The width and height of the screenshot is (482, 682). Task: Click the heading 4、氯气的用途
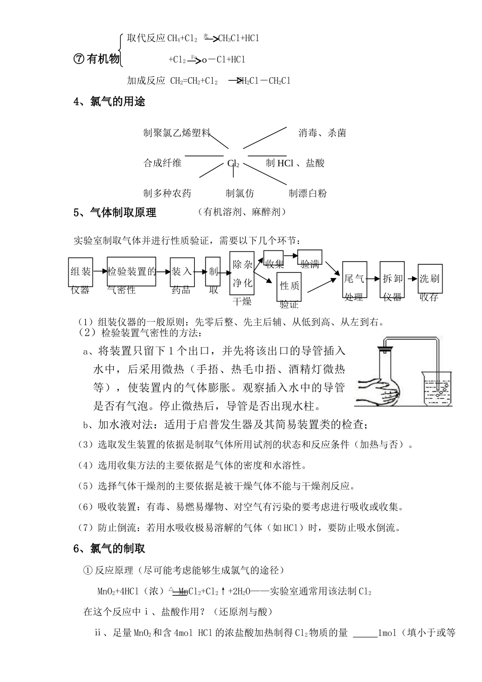coord(110,102)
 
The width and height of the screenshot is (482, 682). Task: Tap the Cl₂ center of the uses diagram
coord(233,163)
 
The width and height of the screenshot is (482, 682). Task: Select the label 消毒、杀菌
coord(322,133)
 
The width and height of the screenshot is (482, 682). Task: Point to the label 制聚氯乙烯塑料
coord(177,133)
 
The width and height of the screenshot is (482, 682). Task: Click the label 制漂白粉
coord(307,193)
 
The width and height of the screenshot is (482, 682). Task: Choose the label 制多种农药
coord(167,193)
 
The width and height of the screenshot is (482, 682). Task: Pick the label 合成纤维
coord(162,163)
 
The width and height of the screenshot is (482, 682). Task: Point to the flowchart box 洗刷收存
coord(430,279)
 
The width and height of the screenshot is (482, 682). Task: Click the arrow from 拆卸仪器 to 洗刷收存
coord(410,278)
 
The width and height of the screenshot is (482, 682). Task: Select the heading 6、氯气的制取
coord(110,549)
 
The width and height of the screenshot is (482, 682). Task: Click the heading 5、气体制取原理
coord(115,213)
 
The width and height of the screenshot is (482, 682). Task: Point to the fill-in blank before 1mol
coord(365,633)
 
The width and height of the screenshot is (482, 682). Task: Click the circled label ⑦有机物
coord(96,59)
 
